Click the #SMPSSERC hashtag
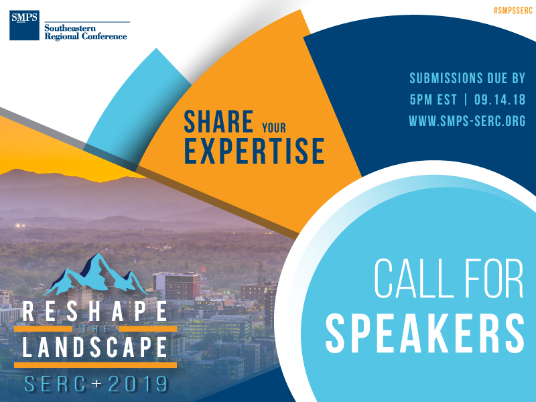coord(513,11)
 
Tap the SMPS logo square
coord(24,25)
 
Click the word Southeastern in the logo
coord(70,28)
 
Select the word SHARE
coord(219,121)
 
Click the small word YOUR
coord(274,128)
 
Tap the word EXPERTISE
coord(255,151)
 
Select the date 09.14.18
coord(500,99)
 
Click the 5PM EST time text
coord(433,99)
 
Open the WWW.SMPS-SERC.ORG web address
coord(467,121)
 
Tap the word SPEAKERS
coord(425,333)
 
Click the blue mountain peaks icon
coord(95,275)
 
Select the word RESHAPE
coord(95,312)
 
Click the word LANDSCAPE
coord(95,346)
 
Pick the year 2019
coord(138,384)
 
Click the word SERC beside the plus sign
coord(55,384)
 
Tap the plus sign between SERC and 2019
coord(96,383)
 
